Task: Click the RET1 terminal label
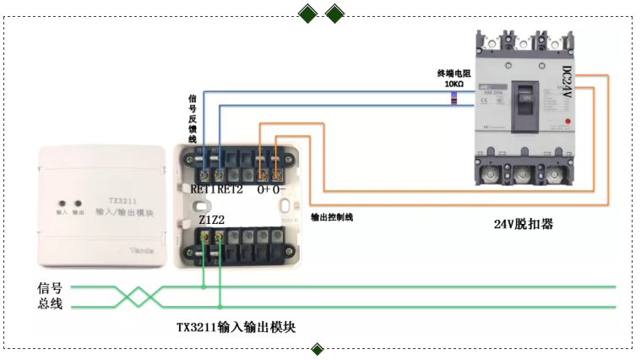pyautogui.click(x=204, y=189)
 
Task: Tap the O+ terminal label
pyautogui.click(x=263, y=189)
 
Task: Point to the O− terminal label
pyautogui.click(x=280, y=189)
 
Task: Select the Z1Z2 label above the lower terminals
pyautogui.click(x=212, y=220)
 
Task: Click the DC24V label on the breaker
pyautogui.click(x=567, y=85)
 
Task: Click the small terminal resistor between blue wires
pyautogui.click(x=454, y=100)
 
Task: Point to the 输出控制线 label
pyautogui.click(x=332, y=217)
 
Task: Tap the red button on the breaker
pyautogui.click(x=567, y=124)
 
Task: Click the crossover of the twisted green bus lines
pyautogui.click(x=138, y=295)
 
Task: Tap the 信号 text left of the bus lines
pyautogui.click(x=50, y=287)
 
